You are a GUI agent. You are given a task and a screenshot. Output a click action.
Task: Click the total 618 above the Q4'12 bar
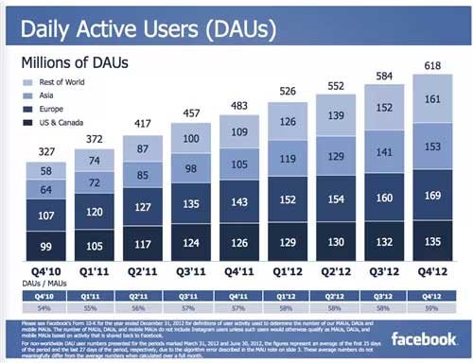point(432,64)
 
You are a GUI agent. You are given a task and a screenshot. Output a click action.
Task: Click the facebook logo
point(423,338)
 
